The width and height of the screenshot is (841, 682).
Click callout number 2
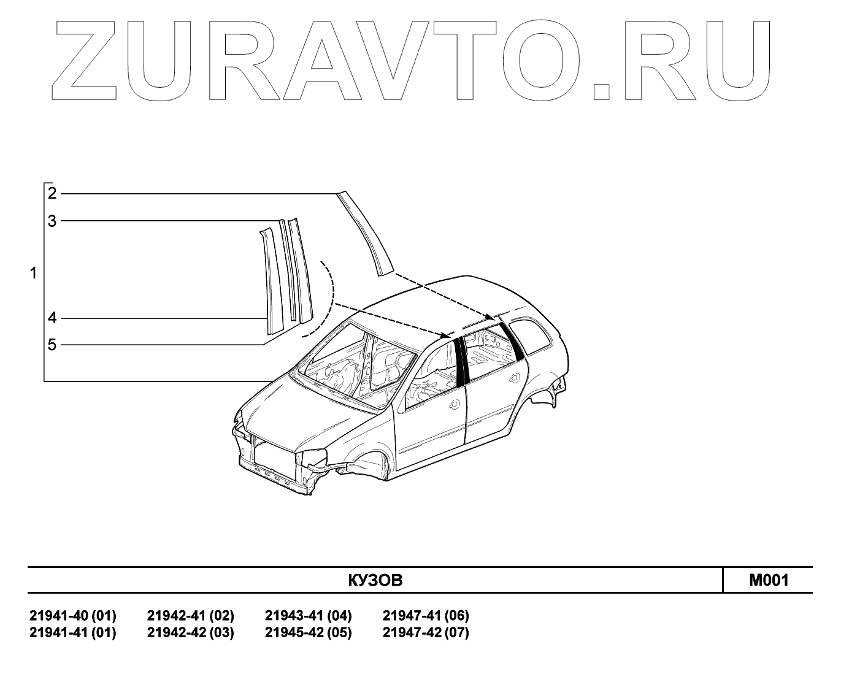click(52, 194)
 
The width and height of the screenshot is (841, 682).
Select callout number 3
click(52, 221)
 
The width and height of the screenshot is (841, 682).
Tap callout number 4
click(52, 318)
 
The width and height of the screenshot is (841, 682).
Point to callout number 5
click(52, 345)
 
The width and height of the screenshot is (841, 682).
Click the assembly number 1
click(34, 273)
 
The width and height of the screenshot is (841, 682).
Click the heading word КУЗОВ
click(375, 580)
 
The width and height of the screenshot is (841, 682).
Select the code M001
click(769, 580)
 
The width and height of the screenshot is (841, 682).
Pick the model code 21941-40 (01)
click(72, 615)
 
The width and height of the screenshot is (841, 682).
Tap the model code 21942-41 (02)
click(190, 615)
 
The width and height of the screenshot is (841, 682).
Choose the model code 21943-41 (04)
click(308, 615)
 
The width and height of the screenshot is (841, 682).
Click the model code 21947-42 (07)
click(426, 632)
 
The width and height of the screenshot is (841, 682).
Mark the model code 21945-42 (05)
click(308, 632)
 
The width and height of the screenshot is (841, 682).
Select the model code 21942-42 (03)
click(190, 632)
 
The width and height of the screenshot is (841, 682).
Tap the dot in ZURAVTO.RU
click(602, 90)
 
